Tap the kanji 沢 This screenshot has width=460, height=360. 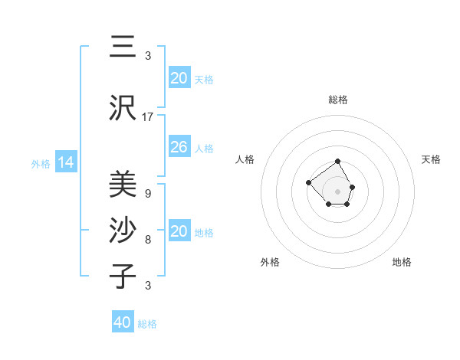(123, 108)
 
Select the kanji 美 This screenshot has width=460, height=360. (123, 183)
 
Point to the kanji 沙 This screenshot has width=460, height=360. (123, 230)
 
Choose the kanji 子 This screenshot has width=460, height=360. (123, 275)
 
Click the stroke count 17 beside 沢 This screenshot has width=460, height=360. (148, 117)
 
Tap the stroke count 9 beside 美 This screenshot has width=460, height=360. (148, 193)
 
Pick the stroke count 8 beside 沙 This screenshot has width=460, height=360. (148, 240)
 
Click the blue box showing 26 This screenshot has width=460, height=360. (179, 147)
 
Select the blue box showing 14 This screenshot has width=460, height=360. (66, 162)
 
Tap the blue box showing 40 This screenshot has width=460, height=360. (123, 322)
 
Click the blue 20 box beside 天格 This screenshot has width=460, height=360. (179, 78)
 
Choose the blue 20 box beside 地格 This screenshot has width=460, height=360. (179, 231)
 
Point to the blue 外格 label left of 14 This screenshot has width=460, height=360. (41, 164)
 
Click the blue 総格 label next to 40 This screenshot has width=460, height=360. (147, 324)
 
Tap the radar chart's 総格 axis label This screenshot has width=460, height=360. (338, 100)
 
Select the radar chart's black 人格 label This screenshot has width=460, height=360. (245, 159)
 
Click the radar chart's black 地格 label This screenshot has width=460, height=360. (402, 262)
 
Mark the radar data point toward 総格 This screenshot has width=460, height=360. (338, 162)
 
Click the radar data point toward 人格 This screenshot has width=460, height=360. (308, 182)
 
